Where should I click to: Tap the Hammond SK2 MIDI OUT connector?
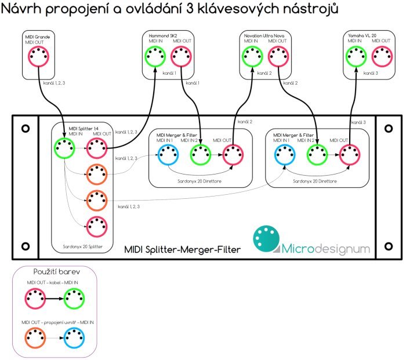click(x=182, y=57)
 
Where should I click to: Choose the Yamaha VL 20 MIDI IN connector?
click(x=355, y=57)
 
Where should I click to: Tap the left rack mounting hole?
click(x=25, y=129)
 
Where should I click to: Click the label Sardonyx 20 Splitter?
click(x=82, y=246)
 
